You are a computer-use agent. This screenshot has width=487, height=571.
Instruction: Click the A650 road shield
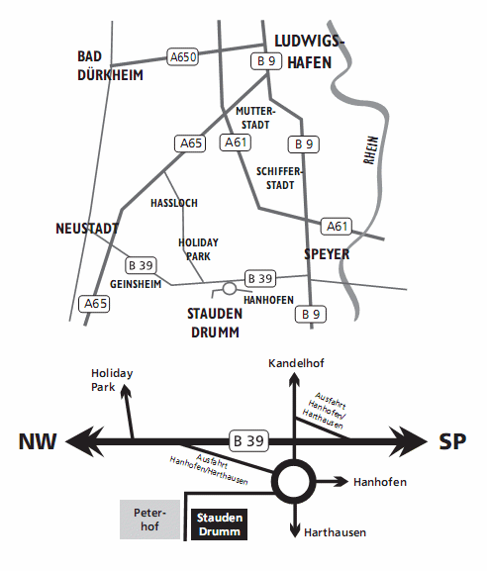click(x=182, y=56)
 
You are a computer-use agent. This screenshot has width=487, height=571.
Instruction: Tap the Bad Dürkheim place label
click(x=110, y=66)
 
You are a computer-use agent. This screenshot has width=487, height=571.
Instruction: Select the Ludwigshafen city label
click(x=309, y=51)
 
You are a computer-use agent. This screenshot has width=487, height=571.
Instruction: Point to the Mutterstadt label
click(x=255, y=118)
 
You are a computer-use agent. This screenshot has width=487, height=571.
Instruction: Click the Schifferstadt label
click(x=279, y=178)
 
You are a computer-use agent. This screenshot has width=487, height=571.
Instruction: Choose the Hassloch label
click(x=174, y=203)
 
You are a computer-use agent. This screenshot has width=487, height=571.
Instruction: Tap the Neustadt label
click(x=87, y=229)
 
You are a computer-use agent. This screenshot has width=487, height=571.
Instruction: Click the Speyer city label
click(x=327, y=254)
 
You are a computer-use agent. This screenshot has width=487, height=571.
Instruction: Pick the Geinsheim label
click(x=136, y=284)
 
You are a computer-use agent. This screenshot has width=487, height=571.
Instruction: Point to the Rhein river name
click(x=371, y=150)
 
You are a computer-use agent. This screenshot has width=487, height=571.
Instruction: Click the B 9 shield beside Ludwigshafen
click(x=266, y=61)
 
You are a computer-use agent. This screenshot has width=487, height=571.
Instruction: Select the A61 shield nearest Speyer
click(x=337, y=227)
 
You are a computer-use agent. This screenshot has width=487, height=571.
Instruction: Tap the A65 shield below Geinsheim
click(x=94, y=304)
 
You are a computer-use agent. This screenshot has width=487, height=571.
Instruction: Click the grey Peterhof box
click(x=150, y=520)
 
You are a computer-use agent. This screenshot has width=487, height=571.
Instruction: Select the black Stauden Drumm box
click(x=220, y=524)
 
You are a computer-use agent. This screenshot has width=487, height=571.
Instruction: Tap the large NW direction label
click(x=38, y=441)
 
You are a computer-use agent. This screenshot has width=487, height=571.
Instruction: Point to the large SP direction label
click(x=452, y=441)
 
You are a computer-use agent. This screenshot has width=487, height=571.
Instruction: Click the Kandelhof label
click(x=296, y=363)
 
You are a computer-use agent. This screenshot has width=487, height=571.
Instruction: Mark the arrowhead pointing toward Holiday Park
click(x=126, y=391)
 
